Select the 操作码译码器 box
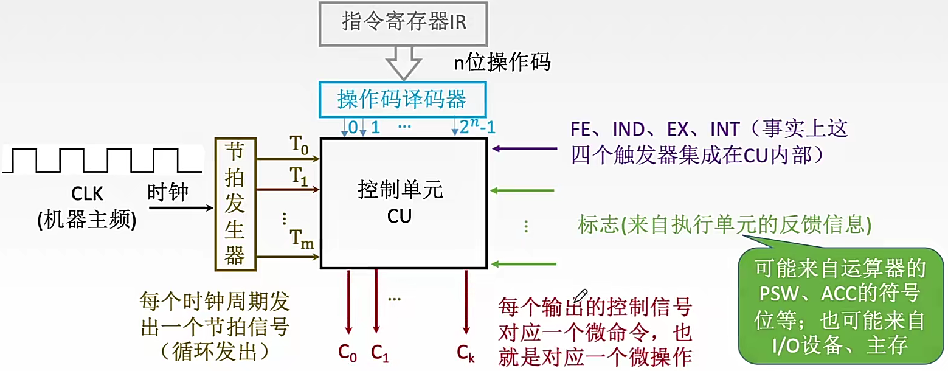pos(403,99)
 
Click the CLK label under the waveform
pos(88,194)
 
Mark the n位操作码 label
pos(502,61)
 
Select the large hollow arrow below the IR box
pos(403,63)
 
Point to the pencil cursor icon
pos(581,296)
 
